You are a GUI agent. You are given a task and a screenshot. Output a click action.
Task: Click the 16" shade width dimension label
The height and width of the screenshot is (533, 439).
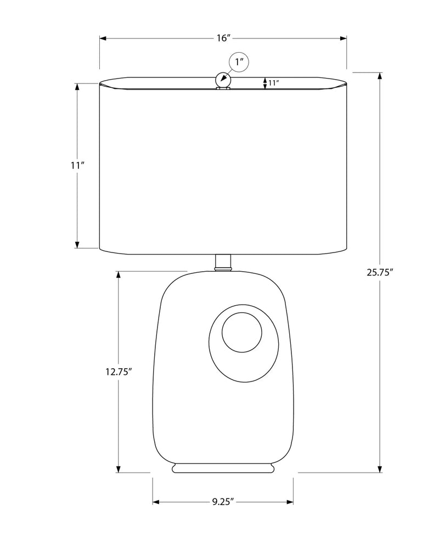pyautogui.click(x=224, y=38)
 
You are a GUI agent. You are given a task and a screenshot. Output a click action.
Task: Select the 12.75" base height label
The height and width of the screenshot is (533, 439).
pyautogui.click(x=118, y=372)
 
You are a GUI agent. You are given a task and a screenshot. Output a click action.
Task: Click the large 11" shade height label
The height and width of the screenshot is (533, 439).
pyautogui.click(x=77, y=166)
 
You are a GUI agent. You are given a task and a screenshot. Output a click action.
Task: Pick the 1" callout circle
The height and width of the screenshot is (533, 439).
pyautogui.click(x=240, y=62)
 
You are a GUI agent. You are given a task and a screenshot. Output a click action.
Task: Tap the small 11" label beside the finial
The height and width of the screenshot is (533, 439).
pyautogui.click(x=273, y=82)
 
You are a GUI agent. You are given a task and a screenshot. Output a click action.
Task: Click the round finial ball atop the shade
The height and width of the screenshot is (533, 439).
pyautogui.click(x=223, y=80)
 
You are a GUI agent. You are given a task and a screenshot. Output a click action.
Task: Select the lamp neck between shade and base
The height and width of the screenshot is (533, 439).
pyautogui.click(x=223, y=262)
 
